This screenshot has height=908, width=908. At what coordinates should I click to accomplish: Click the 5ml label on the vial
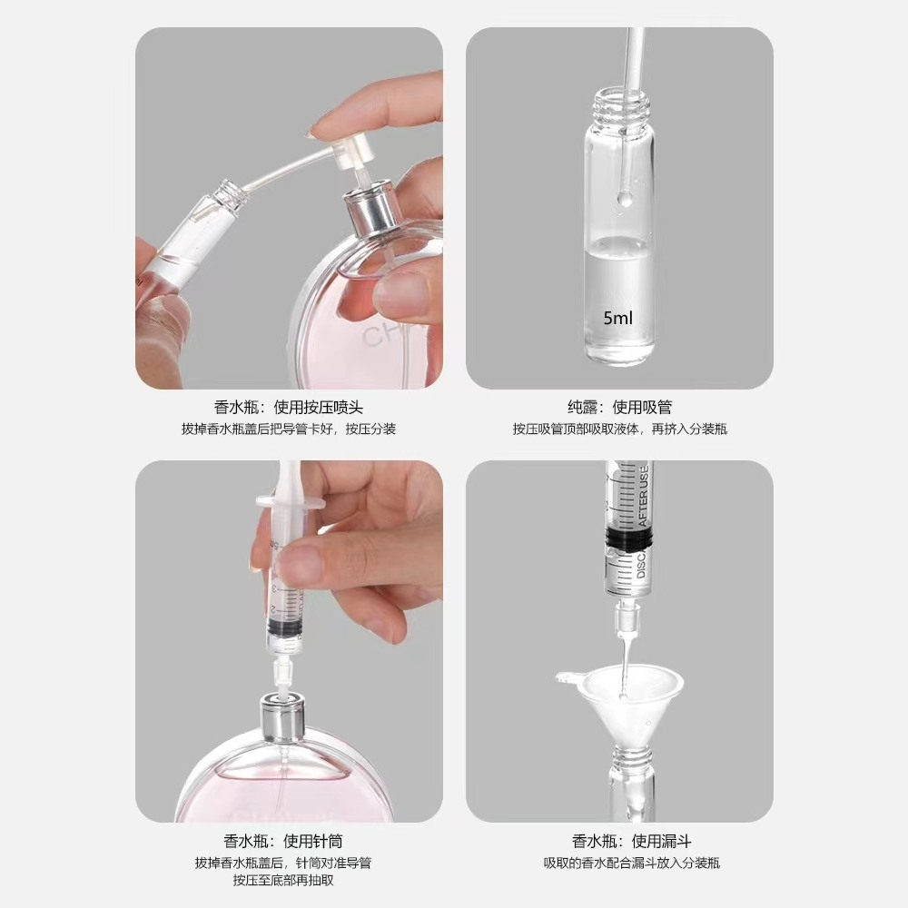point(618,319)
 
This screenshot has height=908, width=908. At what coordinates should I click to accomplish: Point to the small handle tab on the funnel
point(567,676)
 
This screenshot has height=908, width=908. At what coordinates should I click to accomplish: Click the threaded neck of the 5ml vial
point(618,106)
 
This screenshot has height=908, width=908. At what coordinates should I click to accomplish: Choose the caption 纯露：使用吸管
point(619,407)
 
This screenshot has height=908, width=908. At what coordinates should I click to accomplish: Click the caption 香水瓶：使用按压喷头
point(289,407)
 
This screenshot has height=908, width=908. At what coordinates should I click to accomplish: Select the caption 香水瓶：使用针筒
point(289,841)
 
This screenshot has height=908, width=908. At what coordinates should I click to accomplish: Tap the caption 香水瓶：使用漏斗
point(619,841)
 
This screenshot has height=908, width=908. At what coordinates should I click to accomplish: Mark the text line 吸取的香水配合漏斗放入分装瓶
point(619,863)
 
